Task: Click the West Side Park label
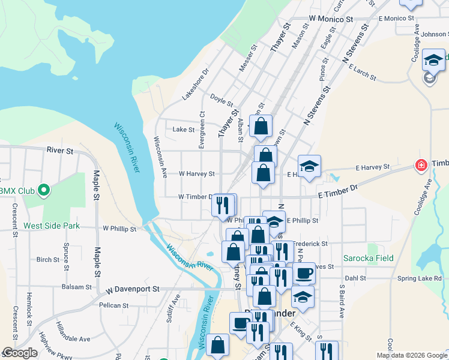[x=51, y=226]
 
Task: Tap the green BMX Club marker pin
[x=43, y=191]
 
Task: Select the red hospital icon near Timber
[x=421, y=164]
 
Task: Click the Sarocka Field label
[x=368, y=259]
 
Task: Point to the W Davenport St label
[x=133, y=289]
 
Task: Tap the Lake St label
[x=184, y=130]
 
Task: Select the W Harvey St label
[x=196, y=174]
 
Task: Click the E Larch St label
[x=361, y=74]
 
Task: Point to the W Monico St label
[x=331, y=19]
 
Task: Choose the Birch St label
[x=47, y=260]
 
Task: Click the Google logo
[x=19, y=353]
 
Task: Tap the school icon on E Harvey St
[x=309, y=166]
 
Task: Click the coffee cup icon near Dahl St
[x=304, y=273]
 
